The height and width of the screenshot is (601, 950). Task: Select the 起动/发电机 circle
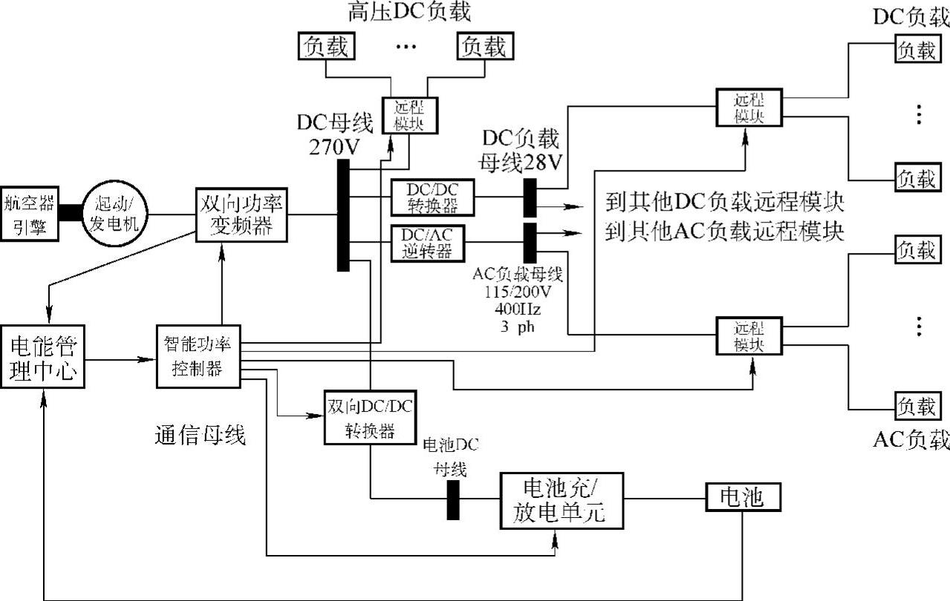click(115, 212)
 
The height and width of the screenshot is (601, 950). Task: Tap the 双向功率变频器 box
click(241, 213)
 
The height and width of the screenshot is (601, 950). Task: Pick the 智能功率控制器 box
click(198, 356)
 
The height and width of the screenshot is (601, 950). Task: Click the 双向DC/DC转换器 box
click(369, 417)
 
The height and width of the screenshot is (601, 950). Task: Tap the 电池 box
click(743, 497)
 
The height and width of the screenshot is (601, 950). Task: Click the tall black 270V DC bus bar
click(343, 215)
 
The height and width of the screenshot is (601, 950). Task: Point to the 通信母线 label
click(200, 436)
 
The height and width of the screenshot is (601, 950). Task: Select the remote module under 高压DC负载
click(409, 116)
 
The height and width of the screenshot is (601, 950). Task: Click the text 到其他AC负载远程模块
click(725, 231)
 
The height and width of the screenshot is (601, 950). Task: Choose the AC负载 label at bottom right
click(911, 439)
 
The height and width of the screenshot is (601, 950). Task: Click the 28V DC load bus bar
click(530, 196)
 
